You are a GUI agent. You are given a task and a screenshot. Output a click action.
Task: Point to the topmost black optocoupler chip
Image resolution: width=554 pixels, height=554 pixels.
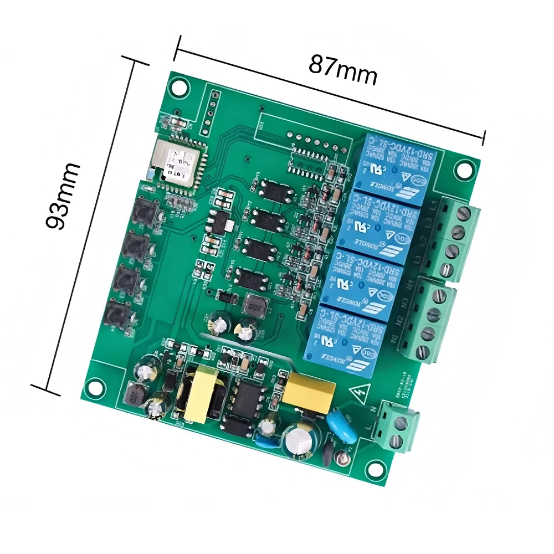(x=275, y=189)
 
